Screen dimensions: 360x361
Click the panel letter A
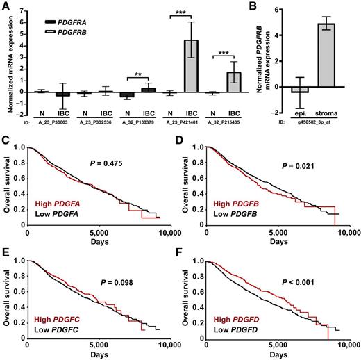[5, 6]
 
